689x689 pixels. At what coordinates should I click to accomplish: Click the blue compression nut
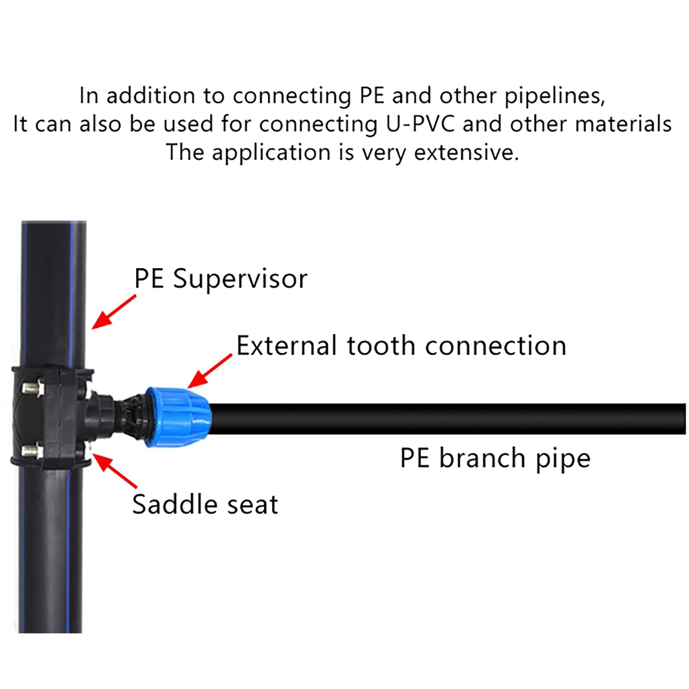pyautogui.click(x=177, y=417)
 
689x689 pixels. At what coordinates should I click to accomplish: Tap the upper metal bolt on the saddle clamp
pyautogui.click(x=33, y=389)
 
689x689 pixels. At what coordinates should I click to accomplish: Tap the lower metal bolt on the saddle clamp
pyautogui.click(x=32, y=452)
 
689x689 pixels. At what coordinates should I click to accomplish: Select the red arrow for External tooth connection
pyautogui.click(x=209, y=371)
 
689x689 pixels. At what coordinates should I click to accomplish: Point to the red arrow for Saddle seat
pyautogui.click(x=115, y=471)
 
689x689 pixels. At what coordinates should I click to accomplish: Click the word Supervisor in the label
pyautogui.click(x=240, y=279)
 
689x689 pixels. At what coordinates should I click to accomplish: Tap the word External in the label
pyautogui.click(x=286, y=346)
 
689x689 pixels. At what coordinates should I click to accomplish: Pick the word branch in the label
pyautogui.click(x=482, y=458)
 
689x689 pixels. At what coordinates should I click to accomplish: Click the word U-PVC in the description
pyautogui.click(x=420, y=124)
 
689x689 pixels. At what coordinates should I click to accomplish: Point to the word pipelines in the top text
pyautogui.click(x=554, y=96)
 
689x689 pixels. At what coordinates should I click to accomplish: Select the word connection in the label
pyautogui.click(x=495, y=346)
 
